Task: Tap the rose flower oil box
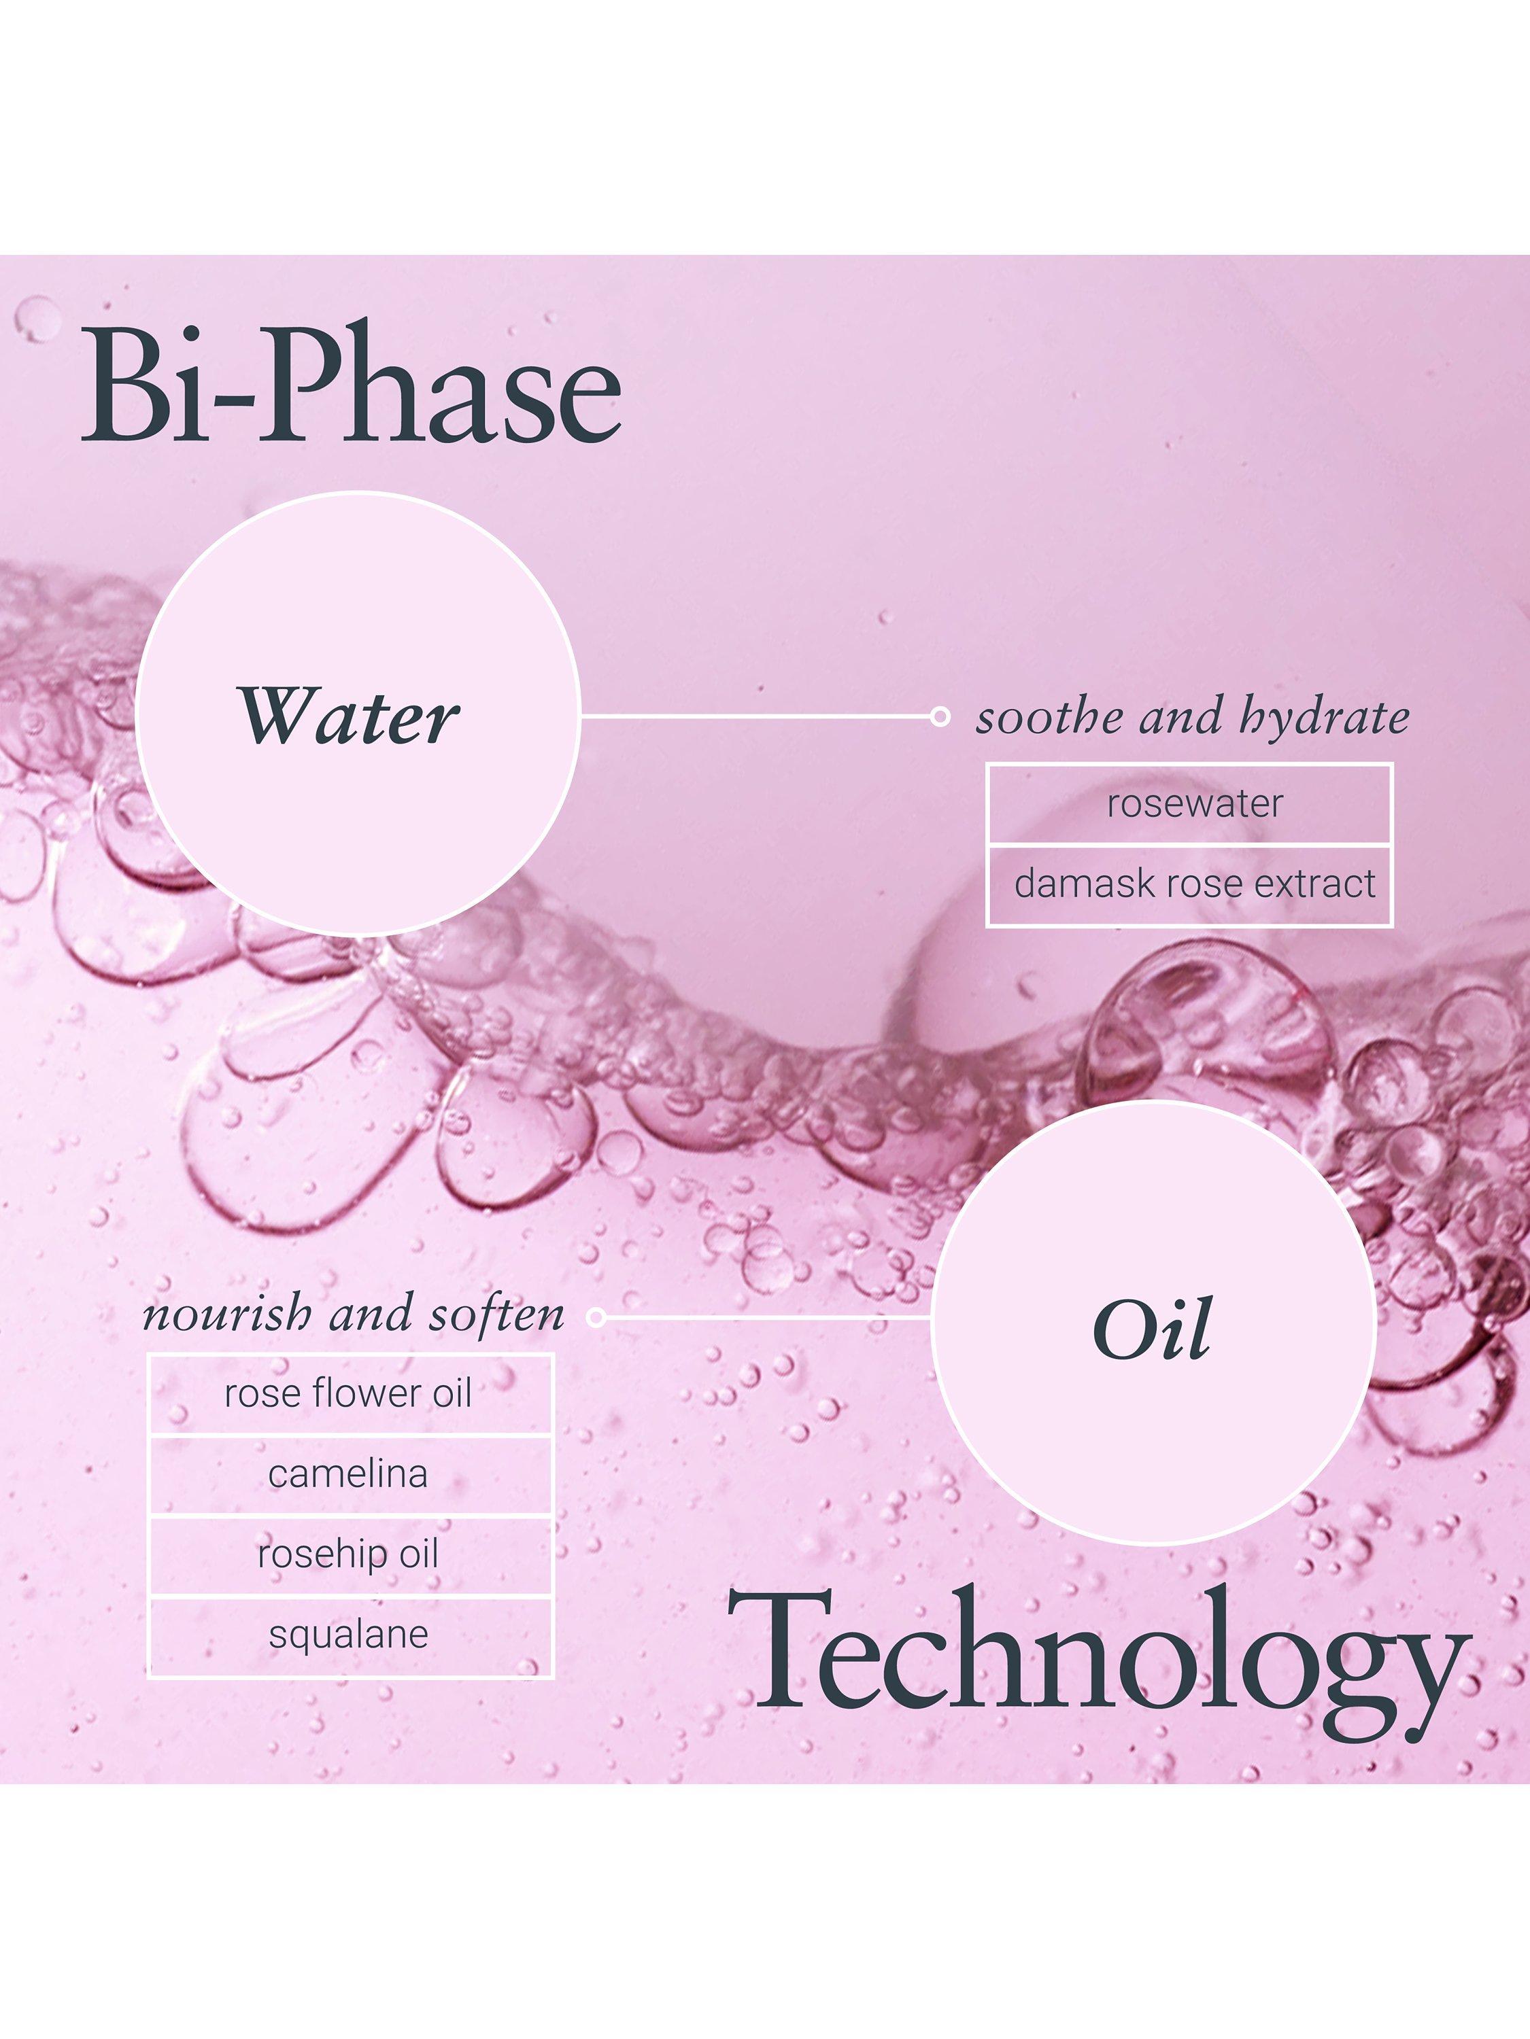350,1394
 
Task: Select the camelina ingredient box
350,1475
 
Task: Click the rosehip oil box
350,1555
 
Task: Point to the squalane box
350,1636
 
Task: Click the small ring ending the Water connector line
940,716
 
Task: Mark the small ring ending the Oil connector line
596,1317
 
